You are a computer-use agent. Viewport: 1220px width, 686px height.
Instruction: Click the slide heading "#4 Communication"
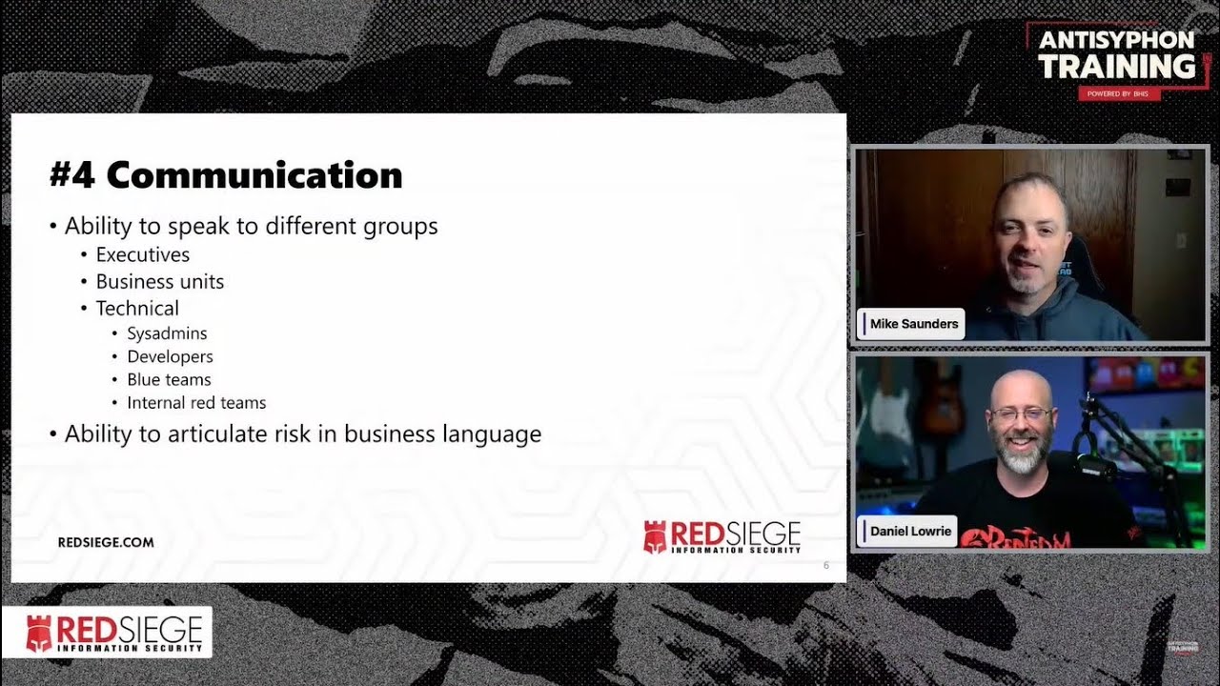tap(226, 175)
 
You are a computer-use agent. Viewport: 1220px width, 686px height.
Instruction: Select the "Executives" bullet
tap(142, 254)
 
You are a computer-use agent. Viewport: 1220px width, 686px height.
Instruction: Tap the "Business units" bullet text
tap(159, 282)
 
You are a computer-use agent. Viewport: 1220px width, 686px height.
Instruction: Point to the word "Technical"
tap(137, 309)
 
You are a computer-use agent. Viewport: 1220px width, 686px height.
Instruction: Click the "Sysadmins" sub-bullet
tap(167, 333)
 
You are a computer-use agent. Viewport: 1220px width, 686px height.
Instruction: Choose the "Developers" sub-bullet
tap(170, 356)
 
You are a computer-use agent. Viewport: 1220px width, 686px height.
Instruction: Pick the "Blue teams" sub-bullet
tap(169, 379)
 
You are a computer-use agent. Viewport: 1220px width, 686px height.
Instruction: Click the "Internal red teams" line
tap(196, 403)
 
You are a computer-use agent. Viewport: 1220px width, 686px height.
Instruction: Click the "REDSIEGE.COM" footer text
tap(106, 542)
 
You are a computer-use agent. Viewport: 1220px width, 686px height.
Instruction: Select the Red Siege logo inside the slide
tap(722, 537)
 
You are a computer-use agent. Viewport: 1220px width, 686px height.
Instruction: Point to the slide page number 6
tap(826, 566)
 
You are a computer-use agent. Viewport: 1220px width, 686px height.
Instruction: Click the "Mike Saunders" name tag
tap(913, 324)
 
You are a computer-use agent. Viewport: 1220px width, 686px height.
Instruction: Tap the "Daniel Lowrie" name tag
tap(910, 531)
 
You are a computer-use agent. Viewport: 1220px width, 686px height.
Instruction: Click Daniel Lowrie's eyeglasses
tap(1021, 414)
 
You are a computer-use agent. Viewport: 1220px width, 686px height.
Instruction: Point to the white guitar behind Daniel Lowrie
tap(890, 419)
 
